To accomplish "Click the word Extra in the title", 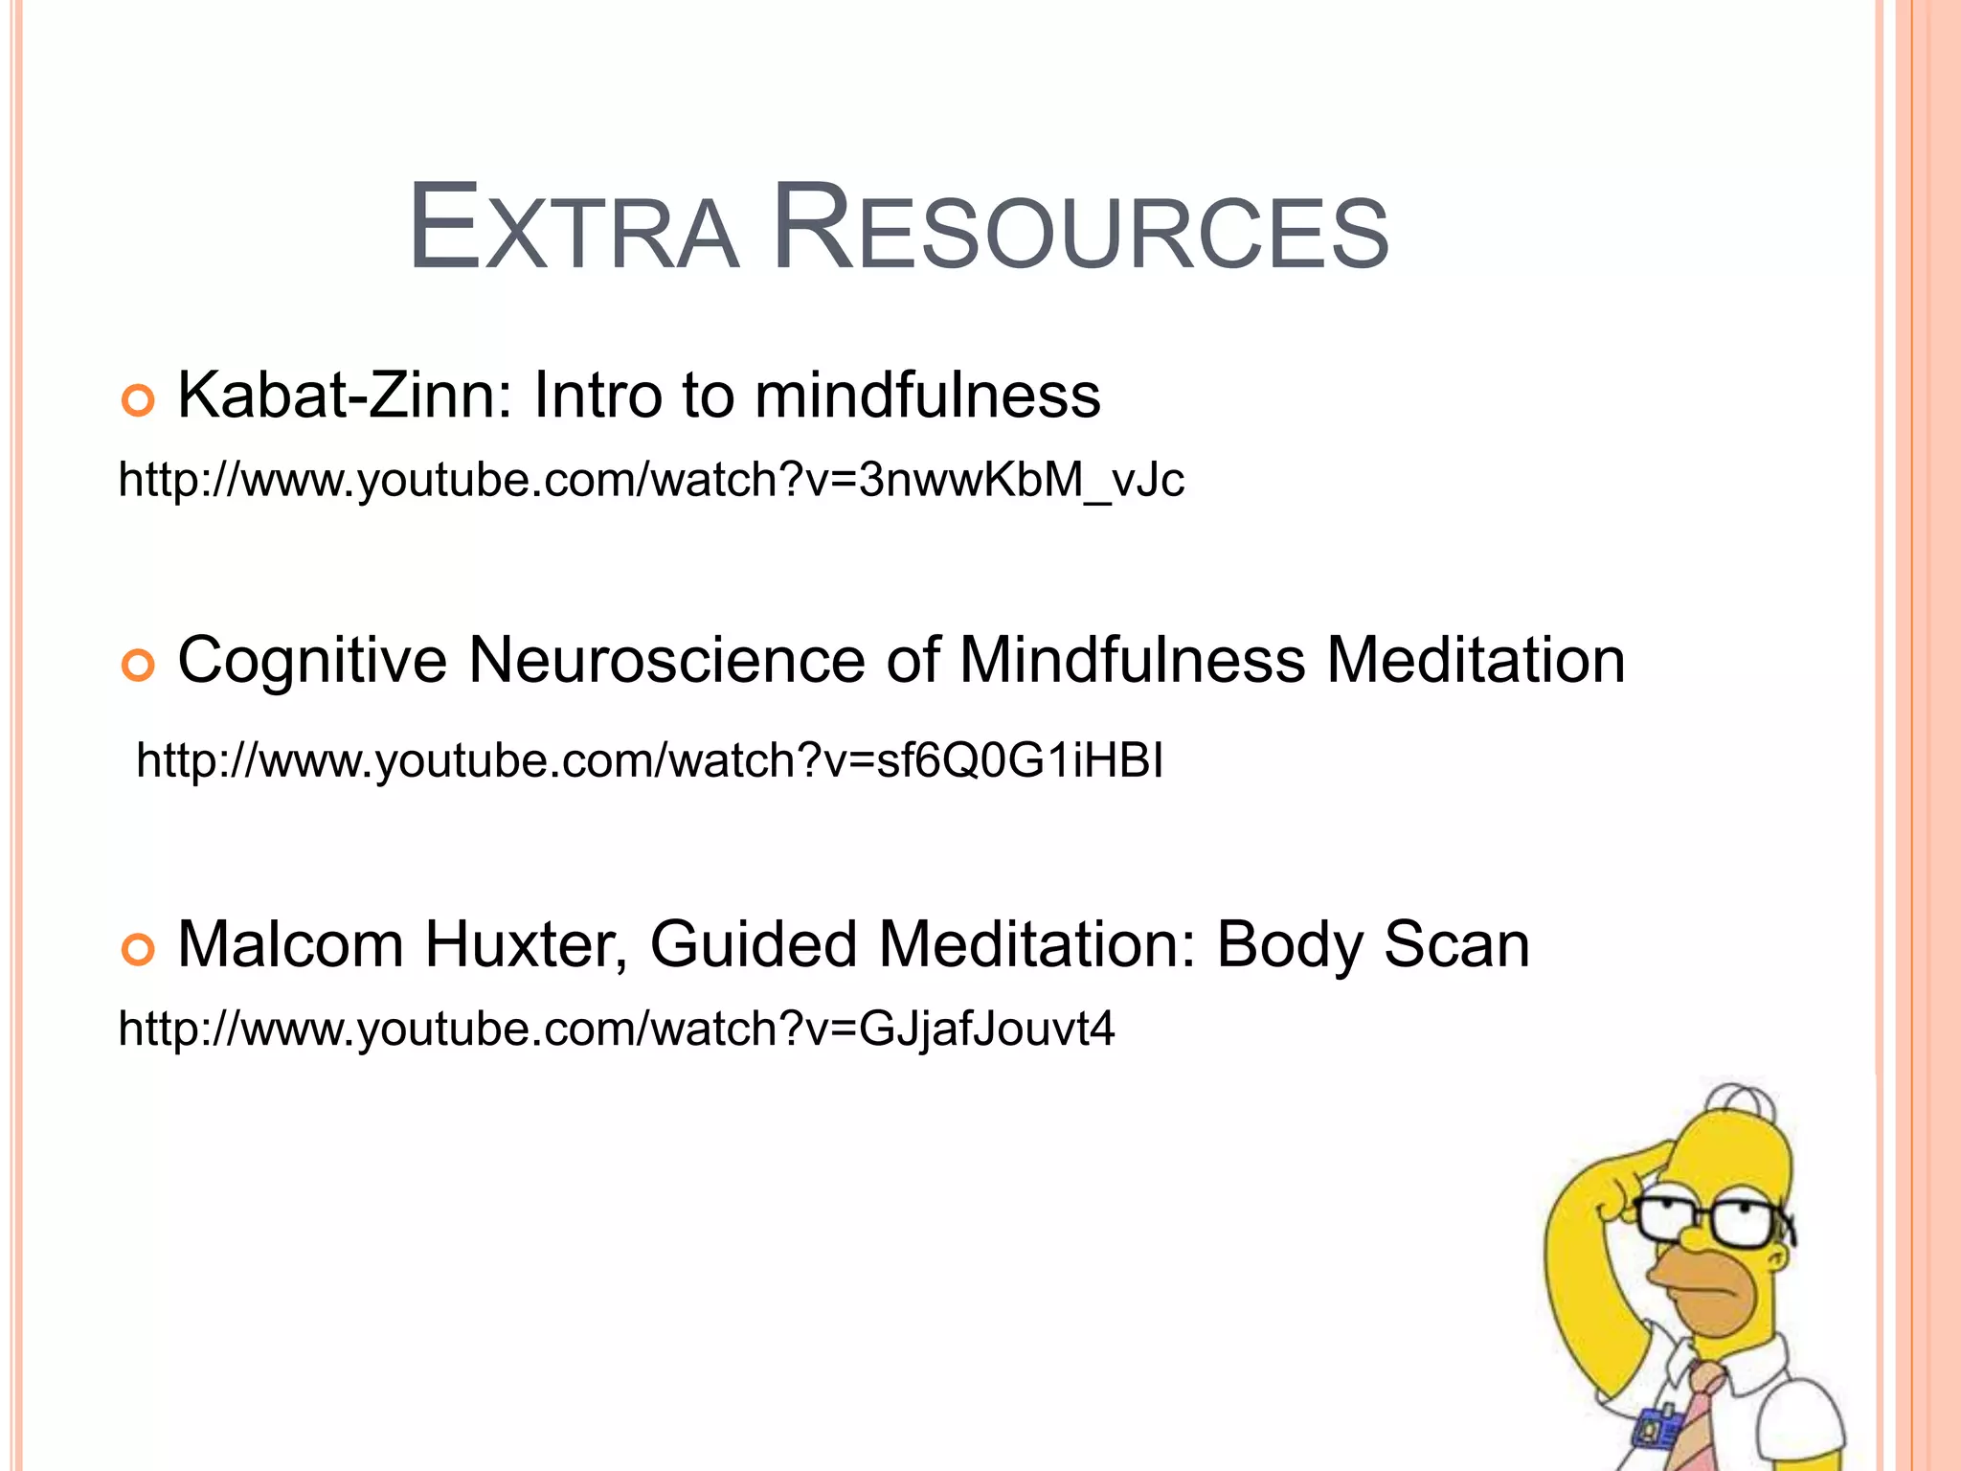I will pyautogui.click(x=573, y=230).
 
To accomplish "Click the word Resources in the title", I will pyautogui.click(x=1080, y=230).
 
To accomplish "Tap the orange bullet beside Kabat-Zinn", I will pyautogui.click(x=138, y=399).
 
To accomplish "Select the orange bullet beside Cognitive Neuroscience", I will pyautogui.click(x=138, y=665).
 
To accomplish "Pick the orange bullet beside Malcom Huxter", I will pyautogui.click(x=138, y=949).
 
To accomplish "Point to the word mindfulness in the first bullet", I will pyautogui.click(x=927, y=395).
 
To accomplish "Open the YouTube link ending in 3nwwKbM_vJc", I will pyautogui.click(x=651, y=479).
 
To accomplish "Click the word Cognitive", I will pyautogui.click(x=312, y=661).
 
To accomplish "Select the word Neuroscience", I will pyautogui.click(x=666, y=661).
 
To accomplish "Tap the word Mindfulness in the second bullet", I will pyautogui.click(x=1132, y=661).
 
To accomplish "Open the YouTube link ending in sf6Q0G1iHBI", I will pyautogui.click(x=649, y=760).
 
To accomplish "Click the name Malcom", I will pyautogui.click(x=291, y=945).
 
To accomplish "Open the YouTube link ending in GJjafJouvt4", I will pyautogui.click(x=617, y=1029).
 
